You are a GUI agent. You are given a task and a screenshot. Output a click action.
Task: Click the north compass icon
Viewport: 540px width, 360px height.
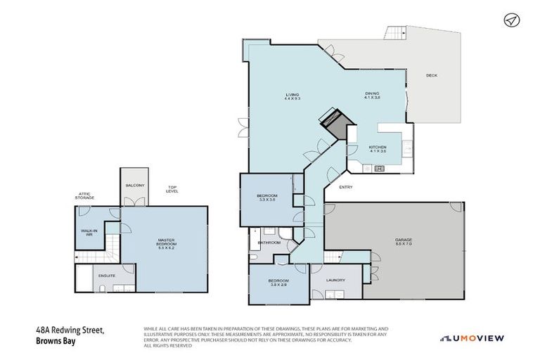(511, 20)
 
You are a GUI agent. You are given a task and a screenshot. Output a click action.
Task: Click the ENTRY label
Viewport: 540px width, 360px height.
(346, 187)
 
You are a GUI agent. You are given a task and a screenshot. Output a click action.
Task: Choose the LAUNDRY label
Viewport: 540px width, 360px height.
(335, 280)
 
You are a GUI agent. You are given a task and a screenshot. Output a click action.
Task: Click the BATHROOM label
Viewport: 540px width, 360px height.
(269, 243)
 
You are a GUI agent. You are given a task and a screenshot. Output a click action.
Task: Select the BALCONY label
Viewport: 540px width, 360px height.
(134, 185)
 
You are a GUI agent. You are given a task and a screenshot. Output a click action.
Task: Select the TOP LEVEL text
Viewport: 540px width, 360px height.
(172, 190)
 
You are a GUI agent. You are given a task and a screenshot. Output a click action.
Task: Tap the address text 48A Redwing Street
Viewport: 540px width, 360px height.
(70, 329)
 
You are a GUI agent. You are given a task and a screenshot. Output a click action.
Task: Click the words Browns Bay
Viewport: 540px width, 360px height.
(56, 342)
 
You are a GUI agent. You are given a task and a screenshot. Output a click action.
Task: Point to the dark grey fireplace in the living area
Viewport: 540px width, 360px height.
(334, 122)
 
